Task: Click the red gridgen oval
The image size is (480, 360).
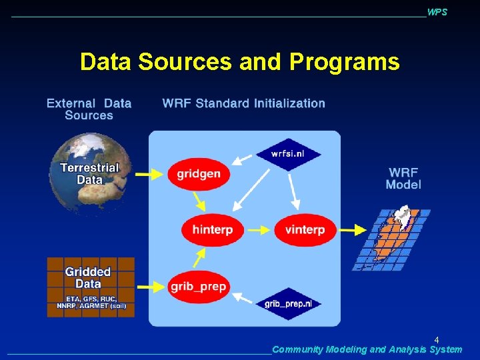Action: (198, 174)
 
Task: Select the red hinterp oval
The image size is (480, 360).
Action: (212, 230)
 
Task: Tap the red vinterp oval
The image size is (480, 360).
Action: (304, 230)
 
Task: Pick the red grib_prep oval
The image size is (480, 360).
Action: (198, 287)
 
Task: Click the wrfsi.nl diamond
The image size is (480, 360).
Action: (288, 153)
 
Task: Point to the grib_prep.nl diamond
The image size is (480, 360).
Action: (288, 304)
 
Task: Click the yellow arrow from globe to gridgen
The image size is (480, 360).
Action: (150, 174)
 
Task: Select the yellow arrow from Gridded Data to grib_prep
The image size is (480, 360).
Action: (150, 287)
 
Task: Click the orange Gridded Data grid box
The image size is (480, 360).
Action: (90, 287)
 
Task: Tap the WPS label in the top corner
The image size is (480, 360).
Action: (437, 13)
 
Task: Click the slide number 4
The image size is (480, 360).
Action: (437, 339)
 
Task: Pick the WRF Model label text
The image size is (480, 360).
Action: (403, 179)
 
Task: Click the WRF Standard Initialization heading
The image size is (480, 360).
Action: (243, 103)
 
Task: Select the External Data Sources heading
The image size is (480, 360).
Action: (89, 109)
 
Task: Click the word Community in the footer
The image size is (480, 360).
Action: (297, 349)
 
